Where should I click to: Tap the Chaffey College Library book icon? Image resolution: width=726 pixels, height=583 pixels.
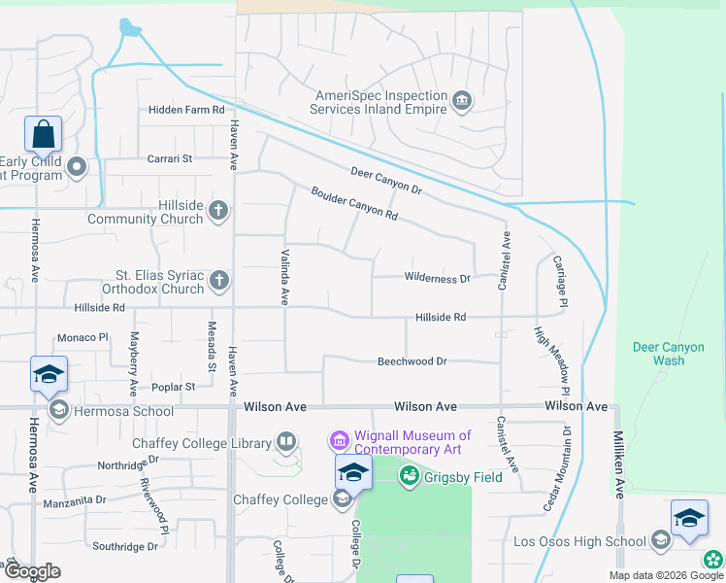point(286,443)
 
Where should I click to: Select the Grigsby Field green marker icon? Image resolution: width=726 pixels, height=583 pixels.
point(410,477)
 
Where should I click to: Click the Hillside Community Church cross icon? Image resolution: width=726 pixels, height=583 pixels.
point(219,210)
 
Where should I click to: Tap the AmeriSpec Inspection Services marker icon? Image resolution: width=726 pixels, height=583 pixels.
point(461,99)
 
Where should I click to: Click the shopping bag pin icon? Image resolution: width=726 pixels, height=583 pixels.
point(44,134)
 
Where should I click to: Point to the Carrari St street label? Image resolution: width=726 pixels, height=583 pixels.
point(170,158)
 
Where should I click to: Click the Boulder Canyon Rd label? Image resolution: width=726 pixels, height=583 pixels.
point(354,201)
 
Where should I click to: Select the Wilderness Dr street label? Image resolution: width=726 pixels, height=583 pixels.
point(437,278)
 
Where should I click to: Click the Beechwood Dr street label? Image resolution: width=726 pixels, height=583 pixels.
point(412,361)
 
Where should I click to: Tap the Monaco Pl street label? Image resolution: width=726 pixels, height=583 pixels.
point(84,337)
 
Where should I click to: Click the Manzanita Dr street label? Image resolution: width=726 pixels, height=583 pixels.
point(75,500)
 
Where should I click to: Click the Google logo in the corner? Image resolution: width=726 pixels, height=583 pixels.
point(31,571)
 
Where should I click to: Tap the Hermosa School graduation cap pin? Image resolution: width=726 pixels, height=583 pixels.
point(49,376)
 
